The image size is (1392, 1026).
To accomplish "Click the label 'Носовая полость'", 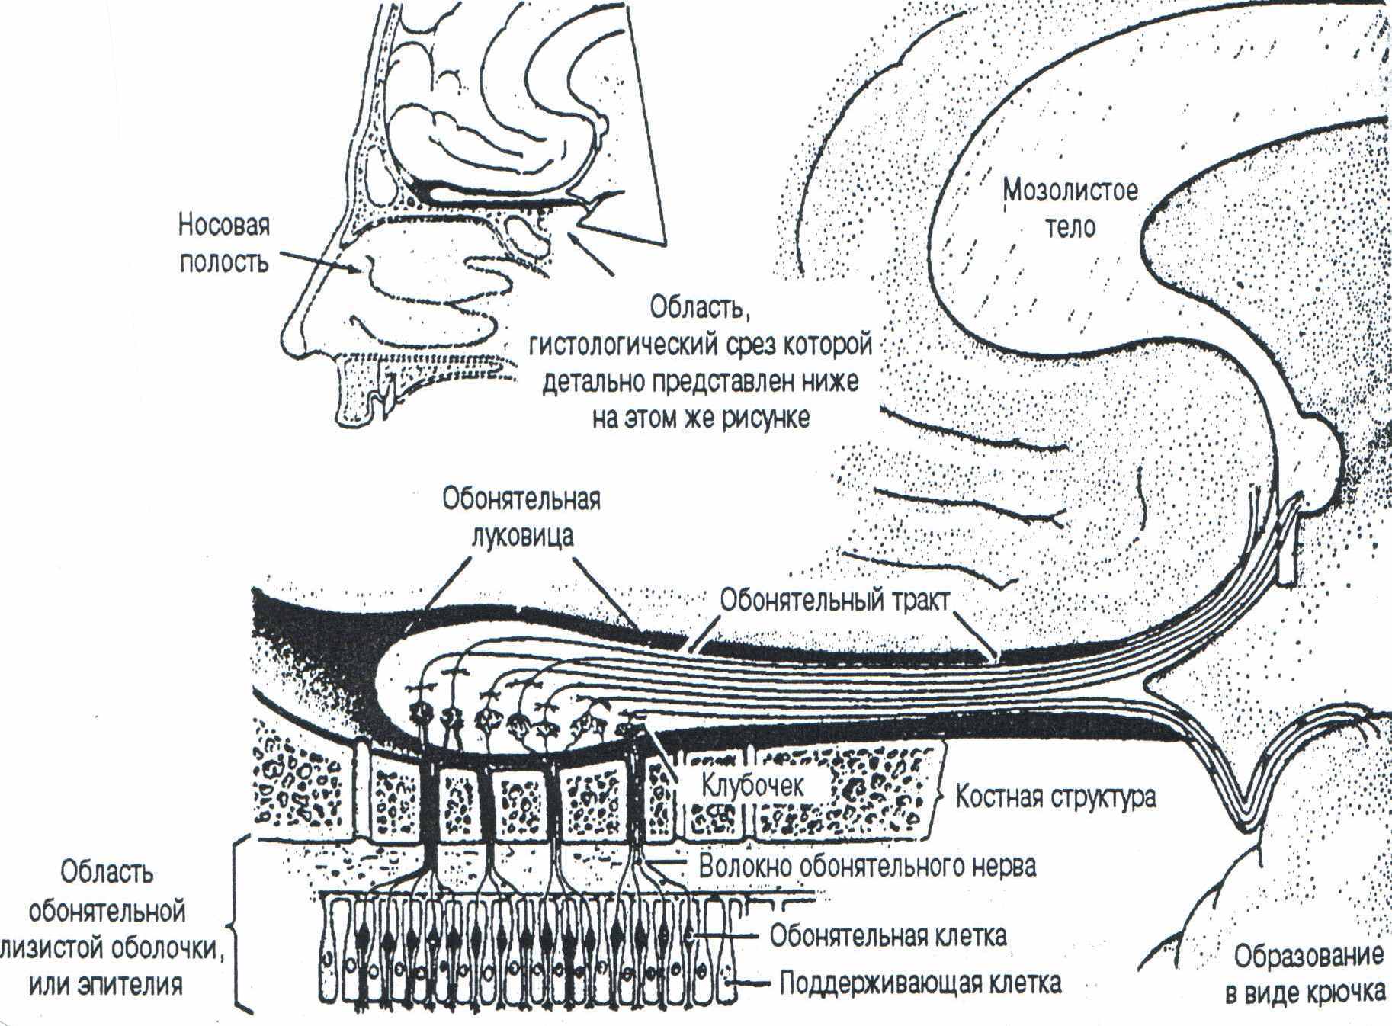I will coord(223,244).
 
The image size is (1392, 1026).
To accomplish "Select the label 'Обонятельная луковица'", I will coord(521,517).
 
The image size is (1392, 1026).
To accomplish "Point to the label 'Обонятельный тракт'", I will coord(835,600).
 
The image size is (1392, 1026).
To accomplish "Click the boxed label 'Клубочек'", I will coord(752,785).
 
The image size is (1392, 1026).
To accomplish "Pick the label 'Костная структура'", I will coord(1056,797).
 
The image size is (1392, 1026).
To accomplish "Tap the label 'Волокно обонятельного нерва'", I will coord(867,867).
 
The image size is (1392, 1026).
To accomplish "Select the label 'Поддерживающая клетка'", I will coord(919,983).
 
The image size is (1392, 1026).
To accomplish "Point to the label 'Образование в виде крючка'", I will coord(1308,974).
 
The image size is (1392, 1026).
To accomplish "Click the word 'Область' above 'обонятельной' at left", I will coord(106,872).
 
